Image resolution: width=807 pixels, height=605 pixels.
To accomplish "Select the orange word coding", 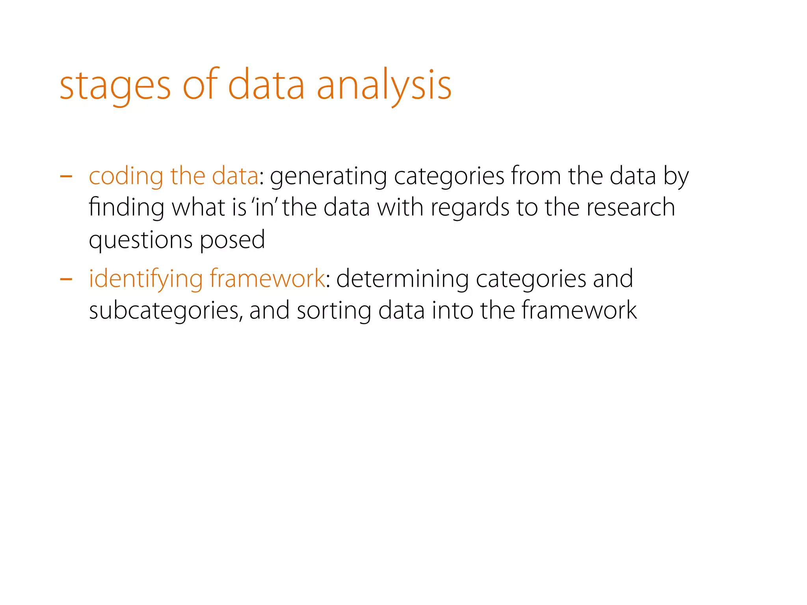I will click(x=126, y=176).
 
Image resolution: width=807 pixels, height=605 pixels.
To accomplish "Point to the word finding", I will click(x=126, y=208).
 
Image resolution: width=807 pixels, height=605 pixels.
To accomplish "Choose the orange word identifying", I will click(x=145, y=279).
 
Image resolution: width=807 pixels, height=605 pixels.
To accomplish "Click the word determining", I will click(x=402, y=279).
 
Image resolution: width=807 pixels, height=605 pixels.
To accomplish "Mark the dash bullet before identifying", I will click(x=66, y=279).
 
